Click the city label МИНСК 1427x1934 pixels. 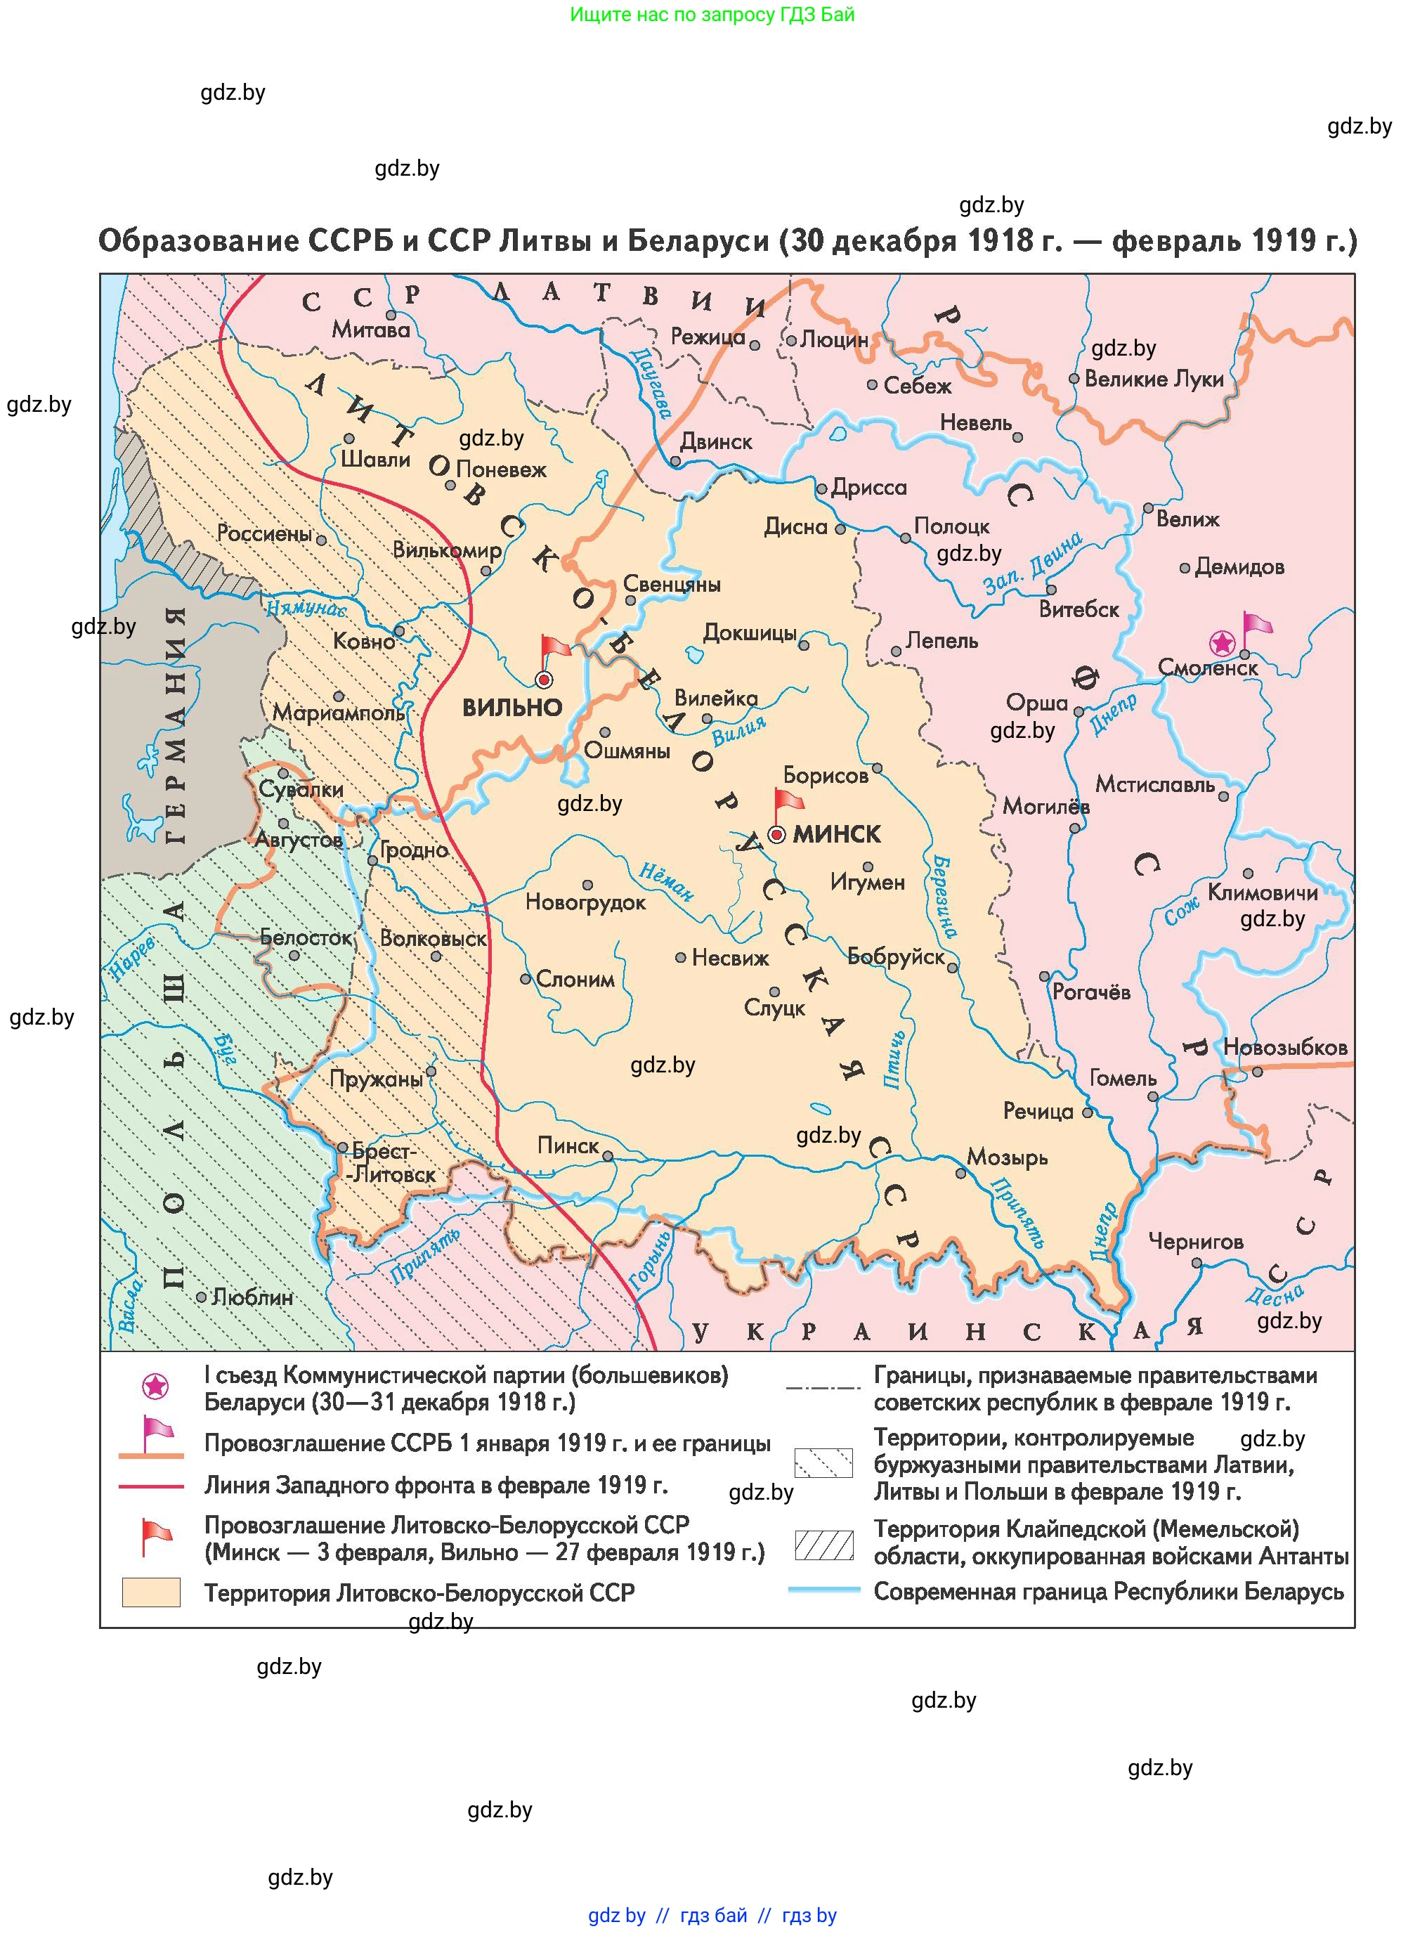(x=836, y=833)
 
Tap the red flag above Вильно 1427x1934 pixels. (x=554, y=648)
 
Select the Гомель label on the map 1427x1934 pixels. (x=1122, y=1078)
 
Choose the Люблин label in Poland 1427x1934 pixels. (x=252, y=1297)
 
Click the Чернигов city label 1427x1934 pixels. (x=1196, y=1241)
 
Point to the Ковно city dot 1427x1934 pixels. (x=399, y=631)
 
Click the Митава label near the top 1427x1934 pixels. (x=370, y=329)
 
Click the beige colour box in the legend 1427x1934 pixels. (x=151, y=1592)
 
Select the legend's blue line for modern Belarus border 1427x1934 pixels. (x=824, y=1590)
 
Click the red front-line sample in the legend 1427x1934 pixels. (x=151, y=1486)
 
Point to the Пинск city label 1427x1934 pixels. (x=568, y=1146)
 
